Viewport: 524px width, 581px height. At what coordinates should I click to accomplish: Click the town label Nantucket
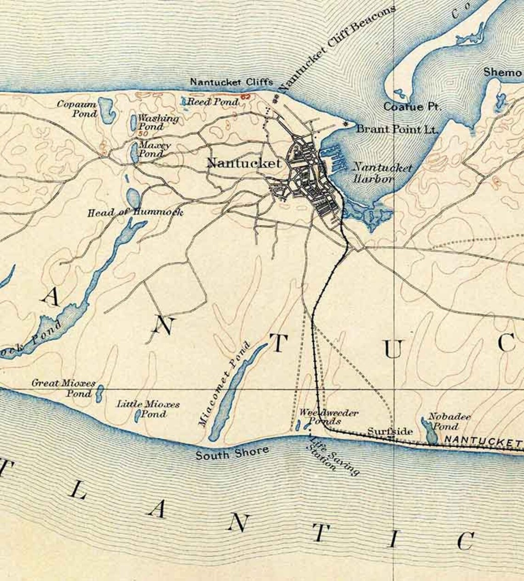coord(244,163)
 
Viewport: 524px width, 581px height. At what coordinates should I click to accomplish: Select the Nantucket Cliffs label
coord(231,82)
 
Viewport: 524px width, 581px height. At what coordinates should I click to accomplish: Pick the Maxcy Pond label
coord(155,149)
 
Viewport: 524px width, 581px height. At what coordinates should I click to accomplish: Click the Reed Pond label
coord(212,101)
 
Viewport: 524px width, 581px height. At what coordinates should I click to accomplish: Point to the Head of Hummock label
coord(135,212)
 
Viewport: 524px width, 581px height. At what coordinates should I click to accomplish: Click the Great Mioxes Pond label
coord(64,388)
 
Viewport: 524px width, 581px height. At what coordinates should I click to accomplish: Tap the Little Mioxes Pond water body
coord(138,416)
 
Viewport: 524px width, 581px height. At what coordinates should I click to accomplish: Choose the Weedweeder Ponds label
coord(328,417)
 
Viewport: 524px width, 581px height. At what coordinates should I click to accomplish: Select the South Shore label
coord(232,453)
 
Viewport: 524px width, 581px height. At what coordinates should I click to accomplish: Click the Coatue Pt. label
coord(412,107)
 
